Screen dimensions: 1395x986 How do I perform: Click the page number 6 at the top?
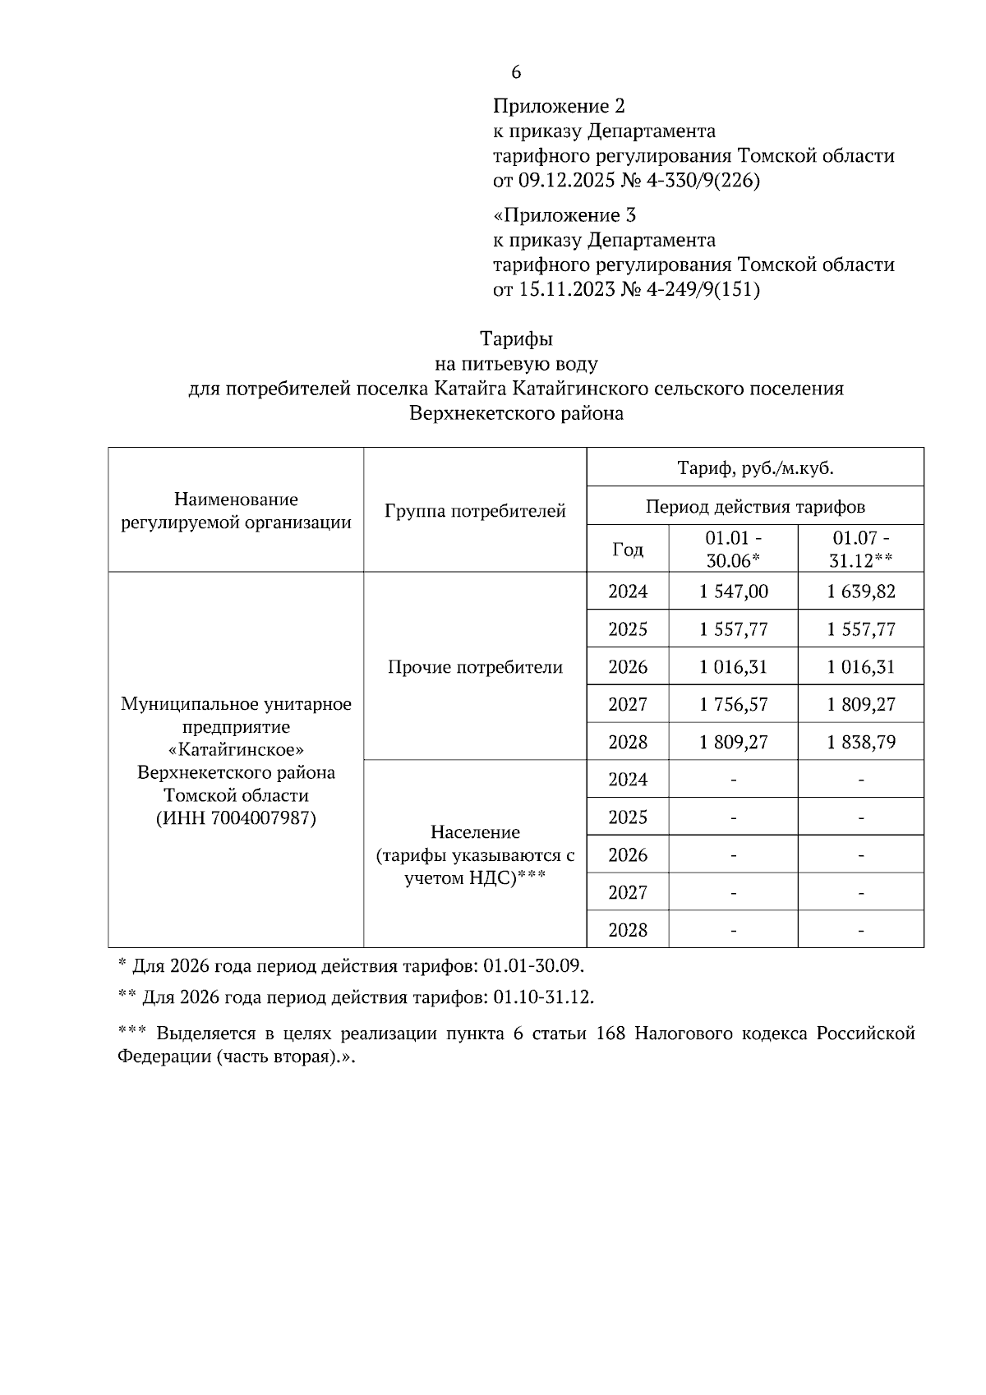[516, 73]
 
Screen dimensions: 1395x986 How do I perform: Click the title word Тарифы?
[516, 338]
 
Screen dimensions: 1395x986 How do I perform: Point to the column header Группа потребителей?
[475, 511]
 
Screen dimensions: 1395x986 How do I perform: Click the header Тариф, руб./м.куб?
[755, 468]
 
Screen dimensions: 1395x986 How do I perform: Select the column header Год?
[628, 550]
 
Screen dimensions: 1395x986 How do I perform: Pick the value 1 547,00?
[733, 592]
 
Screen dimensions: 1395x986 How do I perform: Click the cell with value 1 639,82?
[860, 592]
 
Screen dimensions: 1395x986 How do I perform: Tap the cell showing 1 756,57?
[733, 704]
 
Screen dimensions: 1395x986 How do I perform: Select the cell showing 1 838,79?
[860, 742]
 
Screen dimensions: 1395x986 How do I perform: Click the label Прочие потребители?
[475, 667]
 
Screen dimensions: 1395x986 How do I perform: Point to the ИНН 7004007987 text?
[236, 818]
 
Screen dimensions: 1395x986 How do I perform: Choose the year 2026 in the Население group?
[628, 855]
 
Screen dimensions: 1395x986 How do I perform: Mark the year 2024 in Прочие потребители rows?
[628, 592]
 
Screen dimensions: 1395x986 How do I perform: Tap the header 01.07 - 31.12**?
[860, 549]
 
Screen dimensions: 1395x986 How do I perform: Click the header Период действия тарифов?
[755, 506]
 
